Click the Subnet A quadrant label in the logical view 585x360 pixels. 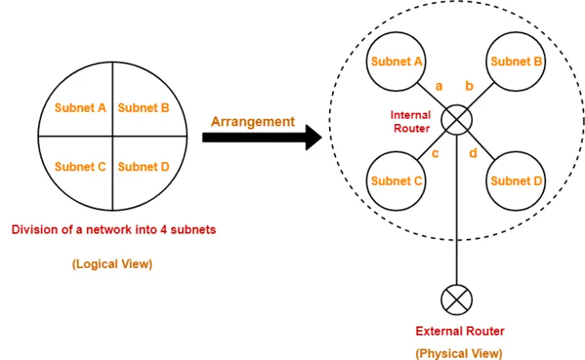(80, 108)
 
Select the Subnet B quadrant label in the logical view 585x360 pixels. (143, 108)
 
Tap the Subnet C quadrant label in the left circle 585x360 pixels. (80, 167)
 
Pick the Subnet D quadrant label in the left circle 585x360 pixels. (143, 167)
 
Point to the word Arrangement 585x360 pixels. (252, 121)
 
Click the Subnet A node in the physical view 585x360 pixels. (396, 62)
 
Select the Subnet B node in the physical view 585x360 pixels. (516, 62)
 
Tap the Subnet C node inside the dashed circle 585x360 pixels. (396, 181)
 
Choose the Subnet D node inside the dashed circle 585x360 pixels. (516, 181)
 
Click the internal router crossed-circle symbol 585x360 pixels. (456, 121)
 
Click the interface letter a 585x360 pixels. (439, 86)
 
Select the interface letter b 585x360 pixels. (469, 86)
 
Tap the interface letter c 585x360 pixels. (435, 154)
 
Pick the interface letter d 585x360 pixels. (473, 154)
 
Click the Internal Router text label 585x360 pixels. (411, 122)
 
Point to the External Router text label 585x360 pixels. (459, 331)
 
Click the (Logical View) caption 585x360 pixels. (112, 264)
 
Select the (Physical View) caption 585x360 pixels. (459, 353)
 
